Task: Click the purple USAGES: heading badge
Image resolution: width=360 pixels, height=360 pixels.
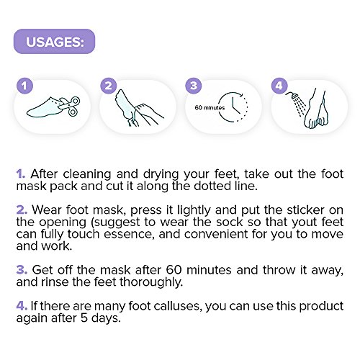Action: point(54,42)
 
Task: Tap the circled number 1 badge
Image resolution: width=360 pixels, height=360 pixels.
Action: point(24,86)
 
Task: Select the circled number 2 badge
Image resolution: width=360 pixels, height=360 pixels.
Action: point(109,86)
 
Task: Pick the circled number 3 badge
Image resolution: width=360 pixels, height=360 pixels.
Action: point(194,86)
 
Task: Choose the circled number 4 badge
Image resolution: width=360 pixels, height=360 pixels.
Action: point(279,86)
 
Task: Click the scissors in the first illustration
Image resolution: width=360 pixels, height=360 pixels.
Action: point(70,106)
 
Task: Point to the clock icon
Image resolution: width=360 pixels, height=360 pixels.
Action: point(233,107)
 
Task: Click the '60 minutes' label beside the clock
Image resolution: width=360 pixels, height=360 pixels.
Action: point(210,107)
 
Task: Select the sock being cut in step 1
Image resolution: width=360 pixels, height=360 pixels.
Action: point(45,107)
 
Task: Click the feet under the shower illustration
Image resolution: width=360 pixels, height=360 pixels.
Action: point(315,109)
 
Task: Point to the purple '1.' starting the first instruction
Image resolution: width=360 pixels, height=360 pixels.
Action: point(21,174)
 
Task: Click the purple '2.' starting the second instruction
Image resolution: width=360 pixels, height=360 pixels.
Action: point(22,210)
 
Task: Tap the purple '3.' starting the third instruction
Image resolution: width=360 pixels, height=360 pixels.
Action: point(22,270)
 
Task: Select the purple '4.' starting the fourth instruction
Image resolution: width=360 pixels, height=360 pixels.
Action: point(22,306)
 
